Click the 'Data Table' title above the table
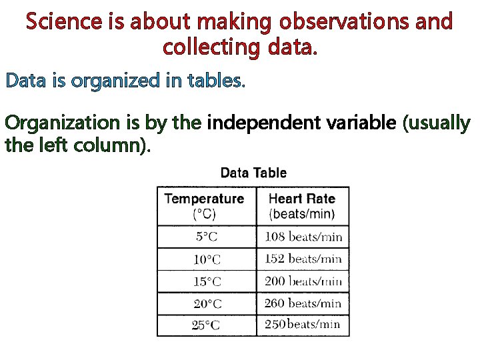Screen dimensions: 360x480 [x=253, y=173]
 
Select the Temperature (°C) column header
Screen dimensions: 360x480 [x=205, y=206]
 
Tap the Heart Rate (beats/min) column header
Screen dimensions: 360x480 [x=302, y=206]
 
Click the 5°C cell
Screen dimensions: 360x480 [x=207, y=237]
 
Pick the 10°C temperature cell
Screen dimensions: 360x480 [x=207, y=259]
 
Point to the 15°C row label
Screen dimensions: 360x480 [x=207, y=281]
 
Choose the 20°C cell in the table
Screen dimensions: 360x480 [x=207, y=303]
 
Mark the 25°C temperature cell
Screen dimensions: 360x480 [x=207, y=325]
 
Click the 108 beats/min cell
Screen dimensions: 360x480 [x=303, y=237]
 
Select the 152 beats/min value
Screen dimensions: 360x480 [x=303, y=259]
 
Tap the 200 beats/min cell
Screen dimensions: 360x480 [x=303, y=281]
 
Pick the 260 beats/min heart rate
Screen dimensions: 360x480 [x=303, y=303]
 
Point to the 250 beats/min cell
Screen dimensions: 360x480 [x=303, y=325]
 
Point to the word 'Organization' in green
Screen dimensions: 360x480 [x=60, y=124]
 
